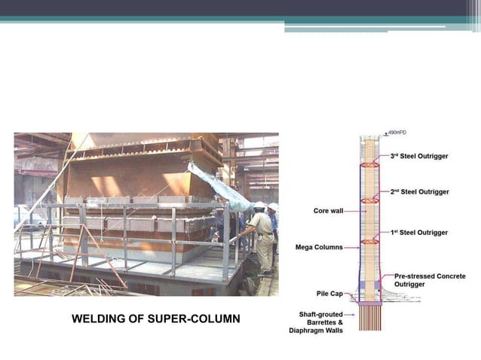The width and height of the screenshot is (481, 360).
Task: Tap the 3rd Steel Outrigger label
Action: click(419, 156)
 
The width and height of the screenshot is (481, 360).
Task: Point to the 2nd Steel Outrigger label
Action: click(420, 192)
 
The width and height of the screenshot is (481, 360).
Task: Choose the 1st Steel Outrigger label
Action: click(419, 233)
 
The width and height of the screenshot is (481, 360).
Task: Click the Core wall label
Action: click(328, 211)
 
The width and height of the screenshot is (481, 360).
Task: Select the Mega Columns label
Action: click(320, 247)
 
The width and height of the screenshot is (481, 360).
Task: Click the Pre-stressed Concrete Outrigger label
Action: click(430, 281)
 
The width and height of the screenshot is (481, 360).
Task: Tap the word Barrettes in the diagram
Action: click(320, 322)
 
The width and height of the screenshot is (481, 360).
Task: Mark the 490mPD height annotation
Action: click(397, 133)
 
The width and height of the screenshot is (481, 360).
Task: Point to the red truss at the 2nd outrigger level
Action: click(370, 200)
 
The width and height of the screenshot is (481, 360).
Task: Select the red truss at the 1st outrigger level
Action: click(370, 241)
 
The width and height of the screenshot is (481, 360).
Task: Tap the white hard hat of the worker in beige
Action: click(259, 206)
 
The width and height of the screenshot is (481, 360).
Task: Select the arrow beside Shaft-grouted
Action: click(351, 313)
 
